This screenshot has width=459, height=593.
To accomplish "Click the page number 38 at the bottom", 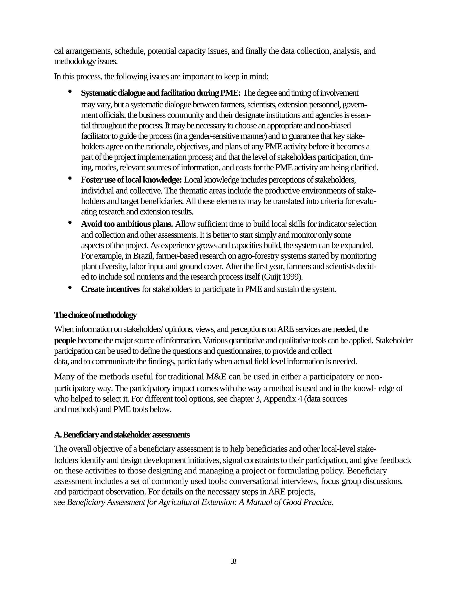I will coord(233,561).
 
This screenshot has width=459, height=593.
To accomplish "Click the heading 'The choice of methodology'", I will coord(95,315).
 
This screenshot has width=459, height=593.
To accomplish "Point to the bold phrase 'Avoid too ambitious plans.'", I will coord(127,224).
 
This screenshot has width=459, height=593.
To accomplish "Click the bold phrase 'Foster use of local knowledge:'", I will coord(131,180).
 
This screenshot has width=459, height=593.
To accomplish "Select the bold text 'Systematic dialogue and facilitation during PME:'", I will coord(161,93).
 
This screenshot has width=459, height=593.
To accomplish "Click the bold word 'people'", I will coord(65,340).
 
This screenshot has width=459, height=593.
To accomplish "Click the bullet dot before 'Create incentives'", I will coord(70,288).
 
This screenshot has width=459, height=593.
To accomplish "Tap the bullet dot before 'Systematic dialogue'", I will coord(70,92).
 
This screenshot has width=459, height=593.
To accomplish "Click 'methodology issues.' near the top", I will coord(86,61).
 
